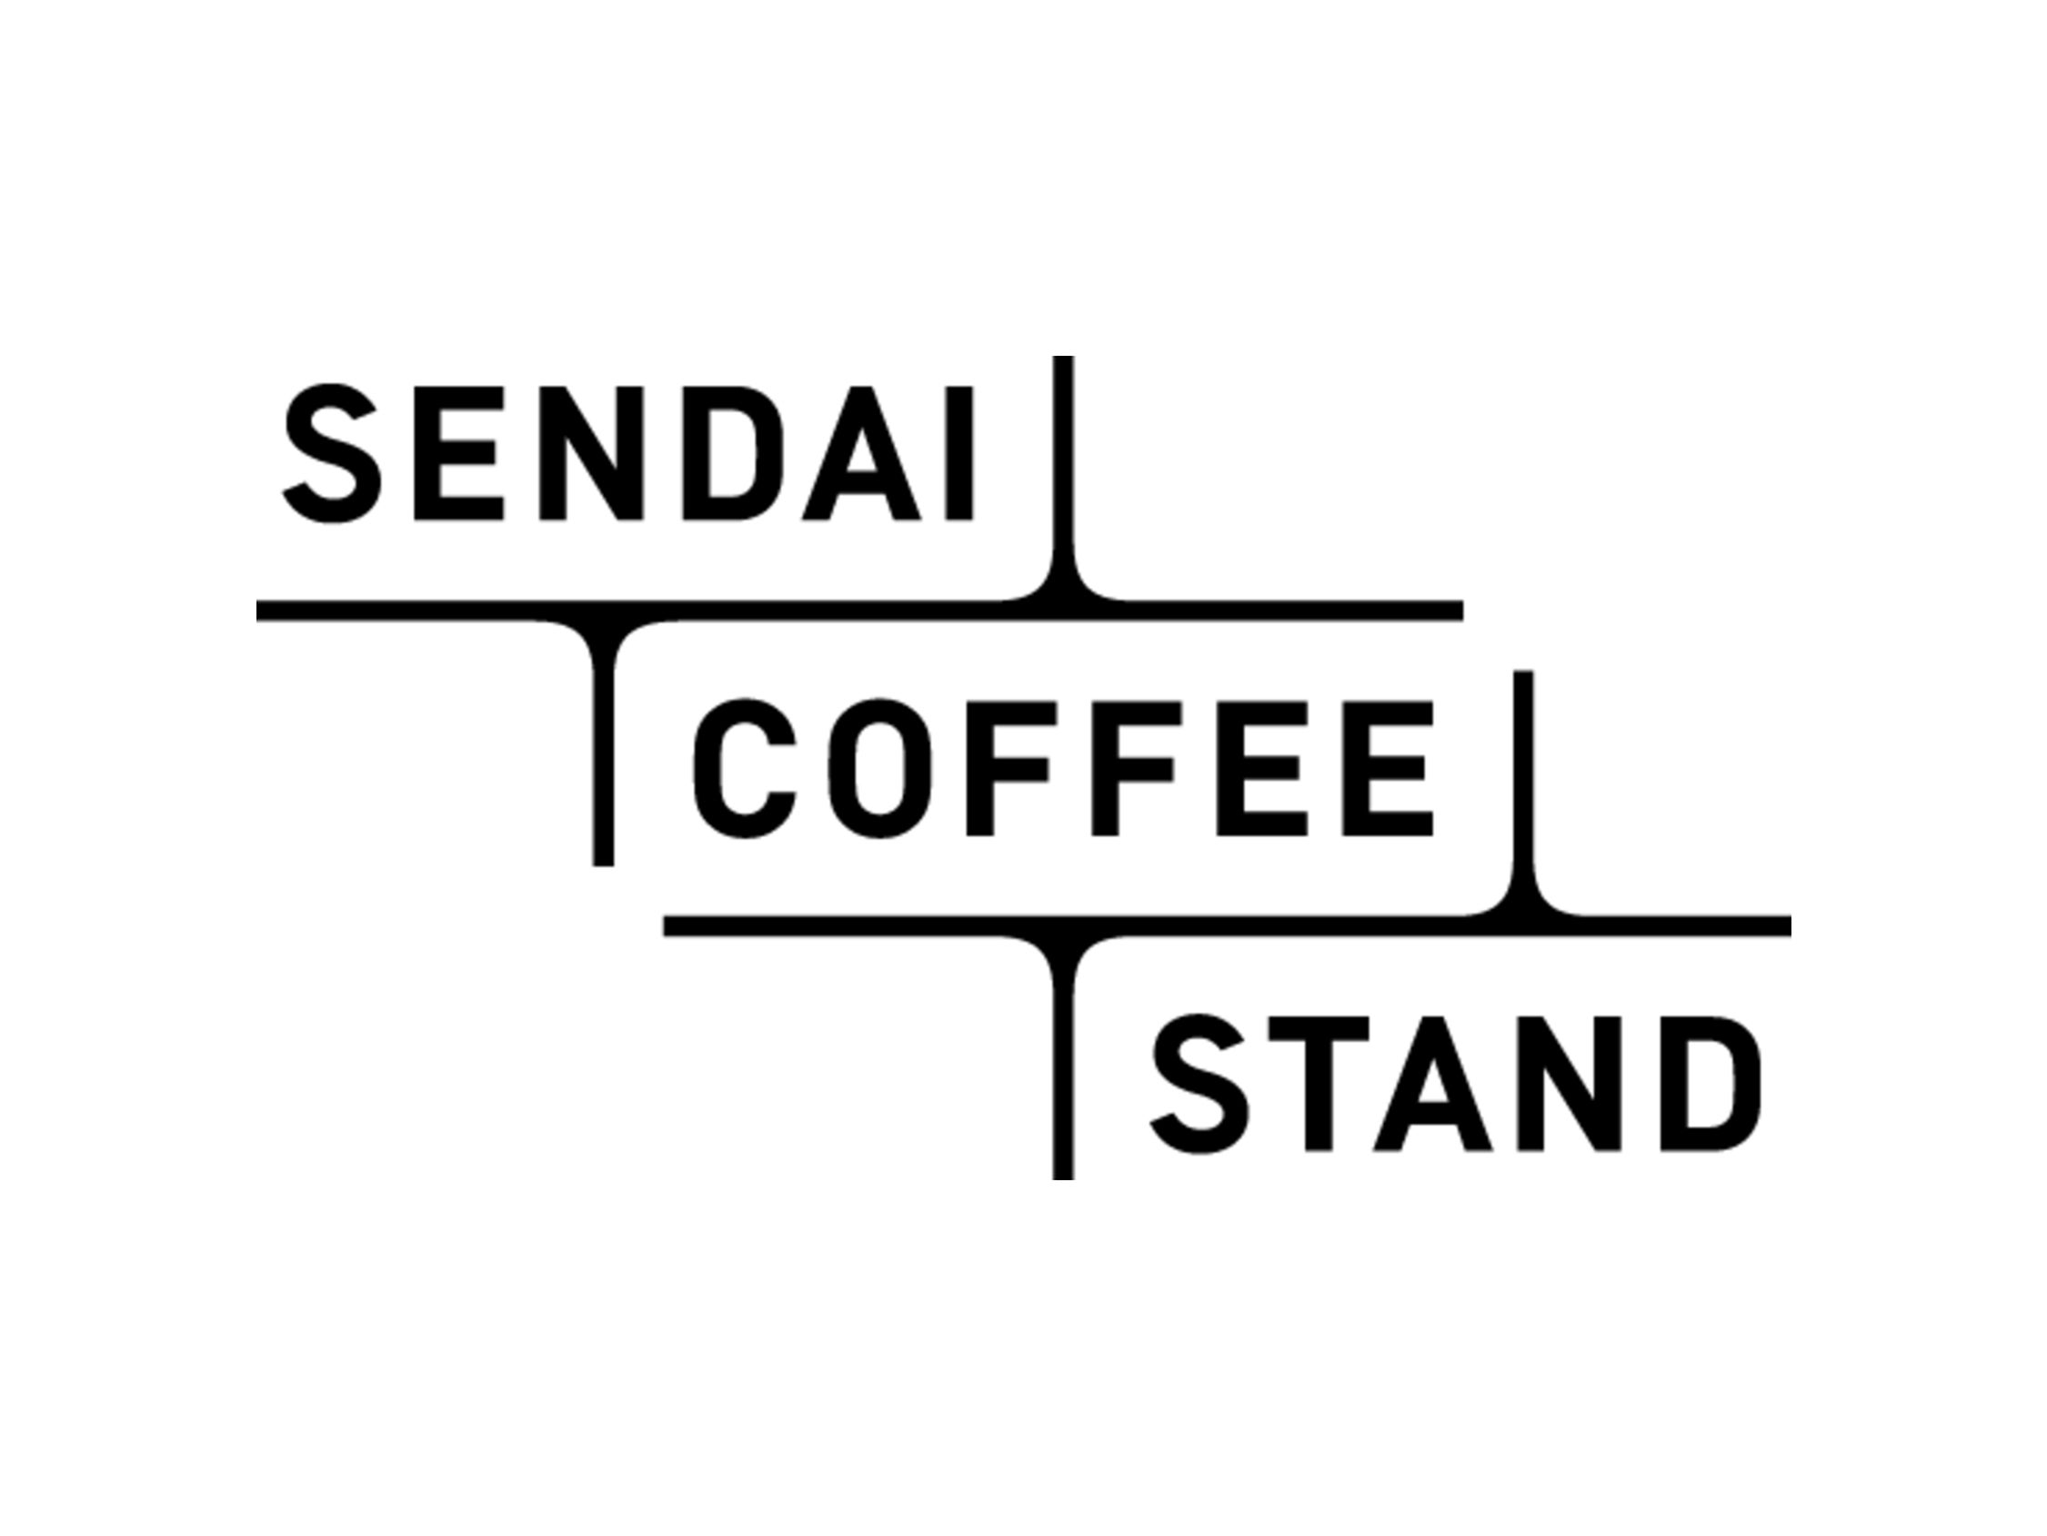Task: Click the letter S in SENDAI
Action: pos(331,453)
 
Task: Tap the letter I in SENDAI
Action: pos(959,453)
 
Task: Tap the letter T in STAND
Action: pos(1318,1083)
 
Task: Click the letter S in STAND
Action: pos(1200,1083)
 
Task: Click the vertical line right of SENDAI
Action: pos(1063,463)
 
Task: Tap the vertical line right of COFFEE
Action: pos(1523,778)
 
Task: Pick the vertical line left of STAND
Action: pos(1063,1074)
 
